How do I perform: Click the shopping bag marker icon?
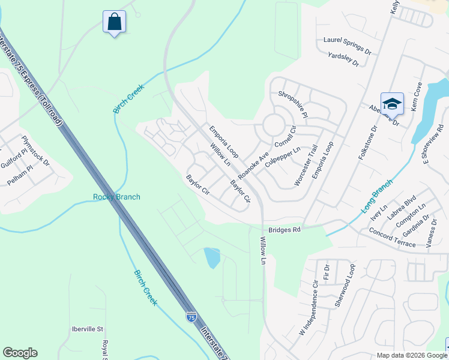(113, 22)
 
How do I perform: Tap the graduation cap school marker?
(392, 104)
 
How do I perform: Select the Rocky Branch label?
(116, 197)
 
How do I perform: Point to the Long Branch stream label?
(377, 196)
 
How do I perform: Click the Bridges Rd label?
(284, 229)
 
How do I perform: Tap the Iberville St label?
(88, 329)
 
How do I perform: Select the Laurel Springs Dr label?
(344, 42)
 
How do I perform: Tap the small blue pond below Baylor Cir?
(212, 257)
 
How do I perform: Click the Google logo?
(20, 353)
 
